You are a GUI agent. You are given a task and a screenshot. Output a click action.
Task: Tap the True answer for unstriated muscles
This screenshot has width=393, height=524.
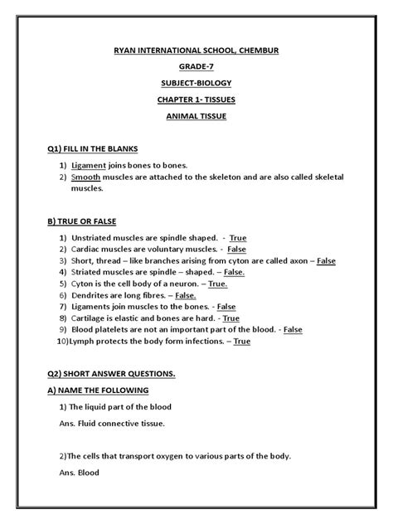238,238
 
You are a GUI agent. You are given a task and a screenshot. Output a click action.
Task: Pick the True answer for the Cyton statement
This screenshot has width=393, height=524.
218,284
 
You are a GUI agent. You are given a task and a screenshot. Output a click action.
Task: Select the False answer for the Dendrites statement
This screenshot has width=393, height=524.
186,295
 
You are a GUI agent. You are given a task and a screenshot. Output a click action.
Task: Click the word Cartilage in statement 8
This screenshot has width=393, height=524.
91,318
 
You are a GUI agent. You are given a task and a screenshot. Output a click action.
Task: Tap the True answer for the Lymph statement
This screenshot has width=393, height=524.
241,341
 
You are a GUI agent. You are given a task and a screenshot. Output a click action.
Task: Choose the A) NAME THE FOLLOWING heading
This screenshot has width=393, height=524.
98,390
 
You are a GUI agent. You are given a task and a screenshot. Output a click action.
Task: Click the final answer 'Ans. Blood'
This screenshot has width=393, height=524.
79,473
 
